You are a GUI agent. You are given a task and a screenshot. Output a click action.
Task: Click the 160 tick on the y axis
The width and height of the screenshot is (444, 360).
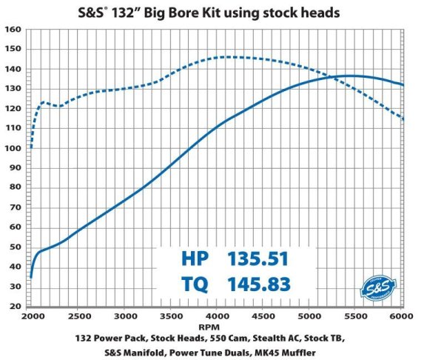tap(13, 30)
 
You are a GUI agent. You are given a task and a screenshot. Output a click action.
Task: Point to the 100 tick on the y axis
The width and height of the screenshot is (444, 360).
tap(13, 148)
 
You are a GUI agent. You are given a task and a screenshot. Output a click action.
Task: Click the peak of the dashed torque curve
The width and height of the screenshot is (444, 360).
tap(229, 57)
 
